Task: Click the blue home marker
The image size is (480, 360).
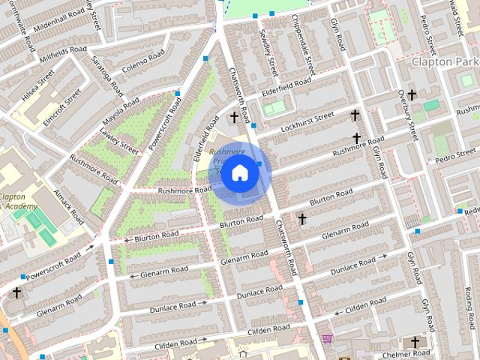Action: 239,172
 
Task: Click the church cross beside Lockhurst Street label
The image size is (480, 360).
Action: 356,115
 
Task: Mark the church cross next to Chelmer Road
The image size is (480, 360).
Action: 415,342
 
